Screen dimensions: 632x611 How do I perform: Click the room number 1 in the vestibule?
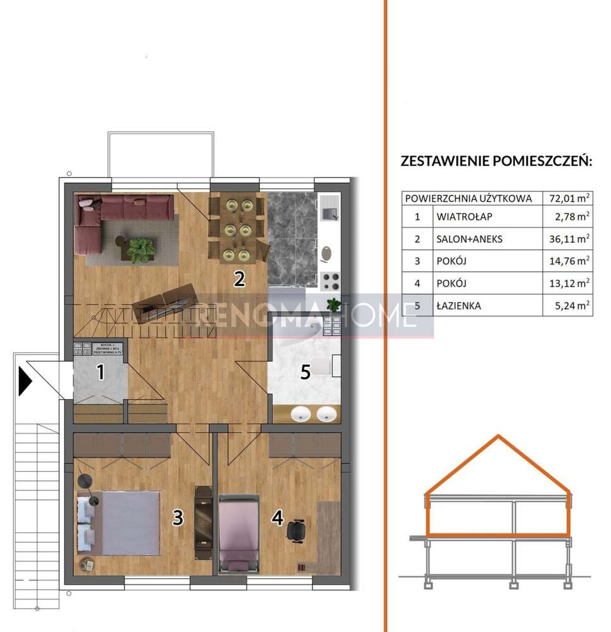(100, 372)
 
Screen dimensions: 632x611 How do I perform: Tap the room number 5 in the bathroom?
(305, 372)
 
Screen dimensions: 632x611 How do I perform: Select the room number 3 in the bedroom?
(178, 517)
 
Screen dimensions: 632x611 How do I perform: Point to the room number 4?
(277, 517)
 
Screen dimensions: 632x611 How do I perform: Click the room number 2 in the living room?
(239, 278)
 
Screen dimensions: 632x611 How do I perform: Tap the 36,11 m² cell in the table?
(569, 239)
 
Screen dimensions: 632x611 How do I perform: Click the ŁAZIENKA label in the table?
(459, 306)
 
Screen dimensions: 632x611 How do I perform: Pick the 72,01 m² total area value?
(569, 198)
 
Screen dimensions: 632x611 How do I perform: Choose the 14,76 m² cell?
(569, 261)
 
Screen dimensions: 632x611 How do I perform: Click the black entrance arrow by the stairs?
(25, 381)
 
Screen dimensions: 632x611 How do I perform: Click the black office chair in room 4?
(295, 530)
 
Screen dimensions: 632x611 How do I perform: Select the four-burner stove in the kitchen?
(330, 280)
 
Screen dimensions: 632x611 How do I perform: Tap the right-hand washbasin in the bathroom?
(326, 414)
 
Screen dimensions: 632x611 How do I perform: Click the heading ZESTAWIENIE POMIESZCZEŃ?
(496, 161)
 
